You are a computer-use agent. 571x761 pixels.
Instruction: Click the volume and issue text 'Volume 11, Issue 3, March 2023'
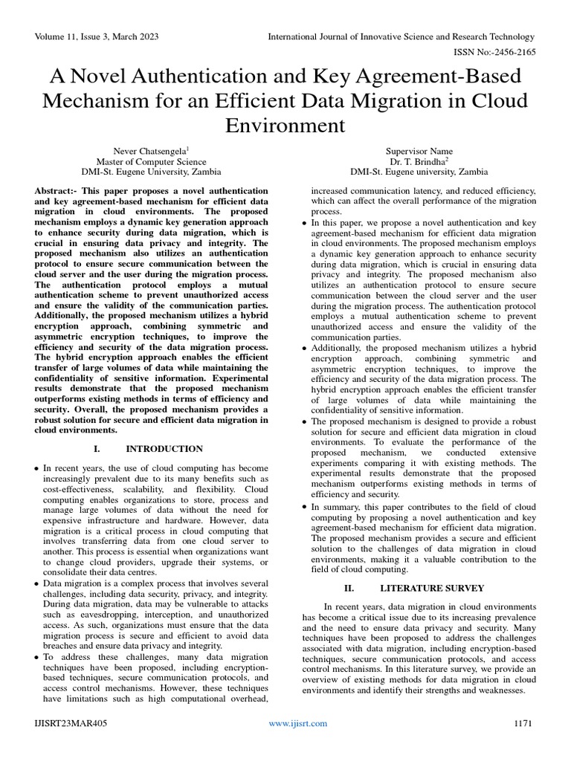(x=96, y=37)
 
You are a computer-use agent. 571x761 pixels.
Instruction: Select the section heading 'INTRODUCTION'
(x=164, y=449)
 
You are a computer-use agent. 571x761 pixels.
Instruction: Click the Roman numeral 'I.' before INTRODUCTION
(x=97, y=449)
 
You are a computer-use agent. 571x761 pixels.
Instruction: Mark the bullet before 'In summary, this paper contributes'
(x=306, y=507)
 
